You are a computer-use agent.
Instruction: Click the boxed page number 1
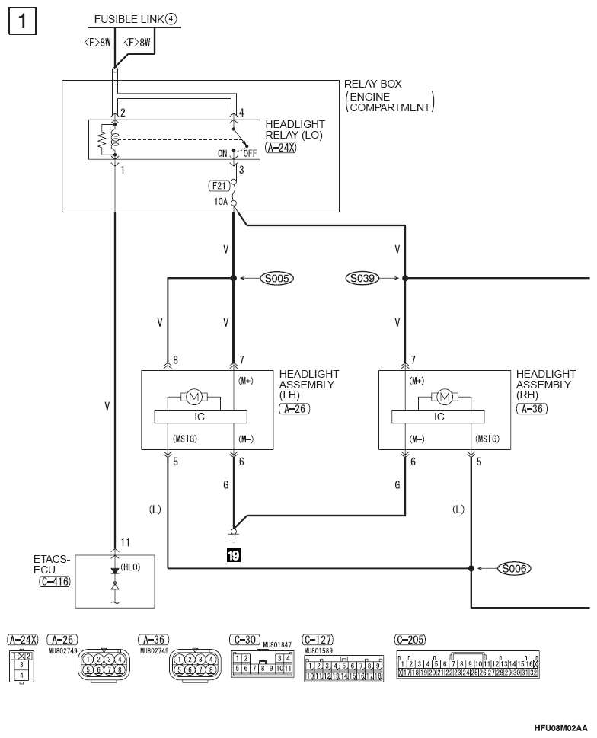(x=22, y=21)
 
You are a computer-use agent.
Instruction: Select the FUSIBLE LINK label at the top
(x=129, y=19)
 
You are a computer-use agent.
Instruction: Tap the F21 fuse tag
(x=219, y=186)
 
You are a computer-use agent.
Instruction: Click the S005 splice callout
(x=276, y=278)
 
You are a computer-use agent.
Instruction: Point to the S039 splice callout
(x=362, y=278)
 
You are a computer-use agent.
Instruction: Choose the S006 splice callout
(x=514, y=569)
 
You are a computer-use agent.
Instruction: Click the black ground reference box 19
(x=233, y=555)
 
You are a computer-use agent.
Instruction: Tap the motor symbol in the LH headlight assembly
(x=194, y=398)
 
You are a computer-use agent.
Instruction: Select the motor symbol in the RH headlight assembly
(x=445, y=398)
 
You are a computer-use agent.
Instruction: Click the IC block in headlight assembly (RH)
(x=439, y=417)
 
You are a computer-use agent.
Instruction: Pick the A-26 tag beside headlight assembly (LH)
(x=295, y=408)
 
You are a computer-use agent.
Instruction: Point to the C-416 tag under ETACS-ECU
(x=55, y=581)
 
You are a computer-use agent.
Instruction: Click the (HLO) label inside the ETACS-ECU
(x=130, y=567)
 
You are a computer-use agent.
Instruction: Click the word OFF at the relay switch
(x=251, y=153)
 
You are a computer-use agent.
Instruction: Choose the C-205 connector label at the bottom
(x=410, y=640)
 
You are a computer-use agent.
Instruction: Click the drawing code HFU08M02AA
(x=560, y=727)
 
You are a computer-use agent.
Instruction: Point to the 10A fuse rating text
(x=221, y=201)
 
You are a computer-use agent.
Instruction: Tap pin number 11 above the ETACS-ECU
(x=125, y=543)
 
